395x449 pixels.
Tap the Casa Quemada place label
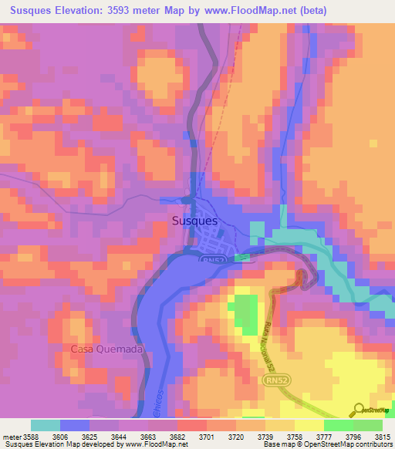[107, 349]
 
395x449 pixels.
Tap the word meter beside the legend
[11, 436]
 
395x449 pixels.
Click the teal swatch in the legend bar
[46, 425]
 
